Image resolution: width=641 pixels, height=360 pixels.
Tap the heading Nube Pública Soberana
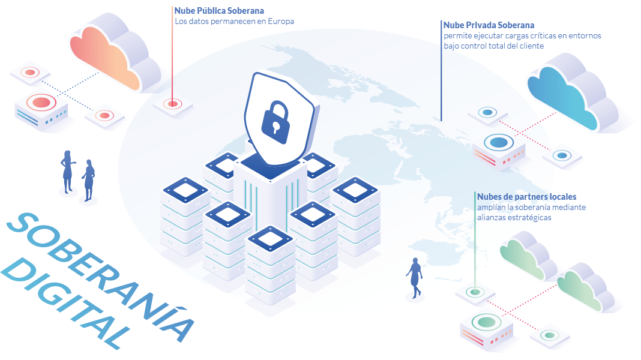tap(219, 11)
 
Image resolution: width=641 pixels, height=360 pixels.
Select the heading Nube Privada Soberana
tap(489, 25)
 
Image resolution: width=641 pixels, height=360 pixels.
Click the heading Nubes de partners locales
tap(526, 197)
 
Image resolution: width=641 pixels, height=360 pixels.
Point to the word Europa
tap(281, 21)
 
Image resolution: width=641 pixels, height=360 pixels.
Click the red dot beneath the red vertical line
tap(173, 104)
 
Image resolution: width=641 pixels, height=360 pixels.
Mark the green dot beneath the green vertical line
tap(475, 292)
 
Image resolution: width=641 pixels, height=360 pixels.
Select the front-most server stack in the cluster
tap(269, 264)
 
